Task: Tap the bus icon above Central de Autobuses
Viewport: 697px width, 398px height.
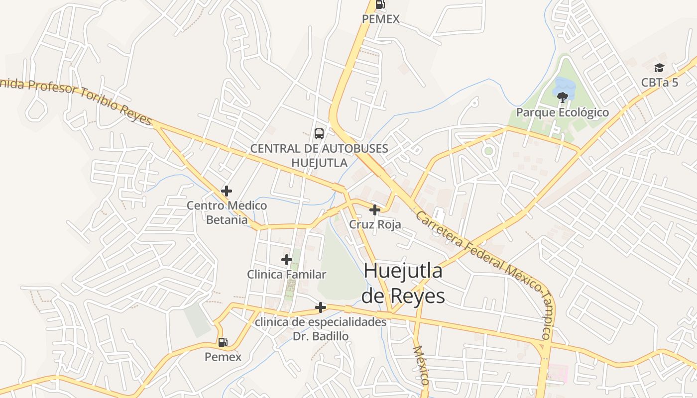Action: [x=319, y=134]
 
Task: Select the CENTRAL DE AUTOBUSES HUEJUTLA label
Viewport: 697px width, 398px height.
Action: [x=319, y=155]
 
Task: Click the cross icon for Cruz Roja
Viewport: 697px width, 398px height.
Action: [x=375, y=210]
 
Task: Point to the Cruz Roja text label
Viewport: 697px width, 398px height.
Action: [x=375, y=224]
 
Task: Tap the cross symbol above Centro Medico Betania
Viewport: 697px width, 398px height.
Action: [x=227, y=191]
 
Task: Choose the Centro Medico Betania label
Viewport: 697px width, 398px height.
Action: [x=227, y=212]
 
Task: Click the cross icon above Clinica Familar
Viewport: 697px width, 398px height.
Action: [x=287, y=259]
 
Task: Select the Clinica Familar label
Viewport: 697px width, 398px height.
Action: [x=287, y=274]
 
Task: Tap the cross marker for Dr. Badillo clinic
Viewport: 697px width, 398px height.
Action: [x=321, y=307]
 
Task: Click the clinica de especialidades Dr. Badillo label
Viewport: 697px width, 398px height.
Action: [x=321, y=329]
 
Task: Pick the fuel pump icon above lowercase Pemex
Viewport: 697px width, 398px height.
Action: [x=223, y=342]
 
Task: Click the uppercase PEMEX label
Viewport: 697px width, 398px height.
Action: [x=381, y=19]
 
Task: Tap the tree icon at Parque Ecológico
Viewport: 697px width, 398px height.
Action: [x=563, y=97]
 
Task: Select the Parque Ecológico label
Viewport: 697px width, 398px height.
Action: [x=562, y=112]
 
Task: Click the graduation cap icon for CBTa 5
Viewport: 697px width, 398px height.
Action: [x=660, y=68]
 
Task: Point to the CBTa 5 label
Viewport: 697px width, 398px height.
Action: [x=660, y=83]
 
